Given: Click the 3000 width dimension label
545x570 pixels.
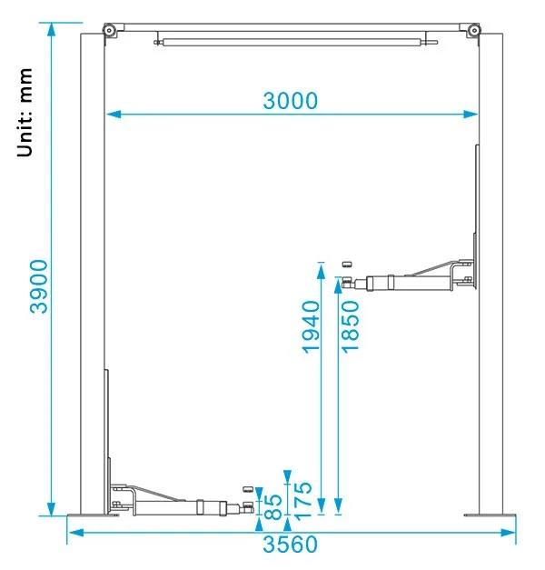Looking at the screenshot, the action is pyautogui.click(x=290, y=101).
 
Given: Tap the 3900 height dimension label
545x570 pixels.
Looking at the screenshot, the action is pyautogui.click(x=39, y=286).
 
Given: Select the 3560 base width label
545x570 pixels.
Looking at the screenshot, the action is pyautogui.click(x=290, y=545).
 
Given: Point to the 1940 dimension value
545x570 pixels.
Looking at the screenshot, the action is pyautogui.click(x=311, y=326).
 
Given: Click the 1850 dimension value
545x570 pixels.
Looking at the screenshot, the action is pyautogui.click(x=351, y=326).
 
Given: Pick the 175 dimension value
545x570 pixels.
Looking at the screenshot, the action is pyautogui.click(x=302, y=501).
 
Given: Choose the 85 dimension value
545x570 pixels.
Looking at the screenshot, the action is pyautogui.click(x=272, y=506).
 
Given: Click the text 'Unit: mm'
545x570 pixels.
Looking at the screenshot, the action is pyautogui.click(x=25, y=113).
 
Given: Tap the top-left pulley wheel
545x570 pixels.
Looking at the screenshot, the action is pyautogui.click(x=109, y=30).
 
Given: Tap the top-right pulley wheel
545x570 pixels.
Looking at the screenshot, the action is pyautogui.click(x=474, y=30).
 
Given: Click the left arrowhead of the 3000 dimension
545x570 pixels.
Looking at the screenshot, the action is pyautogui.click(x=114, y=115).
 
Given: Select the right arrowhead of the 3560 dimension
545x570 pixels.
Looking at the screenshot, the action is pyautogui.click(x=508, y=533).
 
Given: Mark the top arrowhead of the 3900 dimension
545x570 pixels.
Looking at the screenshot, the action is pyautogui.click(x=52, y=29).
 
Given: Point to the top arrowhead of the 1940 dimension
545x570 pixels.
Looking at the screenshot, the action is pyautogui.click(x=321, y=272).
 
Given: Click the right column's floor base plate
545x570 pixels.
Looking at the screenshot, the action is pyautogui.click(x=490, y=515).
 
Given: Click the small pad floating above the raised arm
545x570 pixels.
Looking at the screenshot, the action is pyautogui.click(x=347, y=265).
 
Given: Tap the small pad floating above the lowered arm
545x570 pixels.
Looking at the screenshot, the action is pyautogui.click(x=248, y=489).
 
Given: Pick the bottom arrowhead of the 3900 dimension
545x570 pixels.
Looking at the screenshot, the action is pyautogui.click(x=52, y=508).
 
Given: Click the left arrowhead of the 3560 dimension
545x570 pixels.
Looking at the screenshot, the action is pyautogui.click(x=76, y=533).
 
